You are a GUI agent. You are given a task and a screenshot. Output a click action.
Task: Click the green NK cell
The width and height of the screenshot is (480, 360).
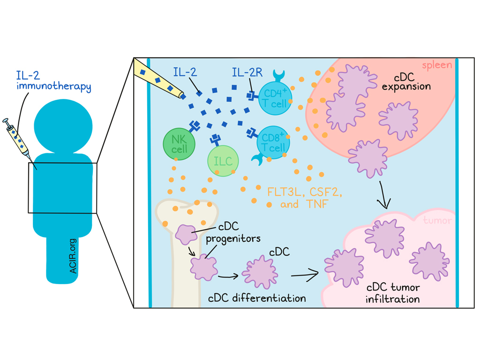coord(177,143)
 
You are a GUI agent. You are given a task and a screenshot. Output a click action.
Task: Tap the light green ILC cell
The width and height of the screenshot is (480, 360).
coord(223,161)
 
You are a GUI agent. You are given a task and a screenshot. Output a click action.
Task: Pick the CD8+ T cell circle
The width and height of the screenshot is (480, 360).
coord(273,142)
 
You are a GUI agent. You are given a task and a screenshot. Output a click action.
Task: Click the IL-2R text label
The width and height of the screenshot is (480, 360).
coord(247,73)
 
